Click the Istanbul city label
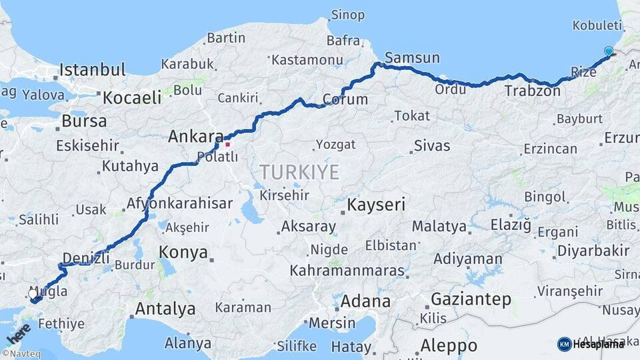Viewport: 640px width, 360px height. pyautogui.click(x=92, y=69)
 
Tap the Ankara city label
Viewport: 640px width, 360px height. pyautogui.click(x=195, y=136)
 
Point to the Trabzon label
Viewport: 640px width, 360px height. pyautogui.click(x=532, y=91)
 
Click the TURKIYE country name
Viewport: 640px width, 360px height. pyautogui.click(x=299, y=172)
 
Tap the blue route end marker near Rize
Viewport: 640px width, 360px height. pyautogui.click(x=608, y=51)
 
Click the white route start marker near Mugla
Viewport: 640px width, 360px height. pyautogui.click(x=33, y=293)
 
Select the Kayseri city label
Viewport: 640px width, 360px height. pyautogui.click(x=376, y=204)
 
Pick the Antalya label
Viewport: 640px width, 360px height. pyautogui.click(x=165, y=309)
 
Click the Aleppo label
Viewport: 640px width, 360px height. pyautogui.click(x=449, y=346)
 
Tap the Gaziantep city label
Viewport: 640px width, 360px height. pyautogui.click(x=471, y=299)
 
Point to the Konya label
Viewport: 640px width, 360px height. pyautogui.click(x=183, y=252)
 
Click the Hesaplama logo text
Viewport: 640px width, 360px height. pyautogui.click(x=598, y=344)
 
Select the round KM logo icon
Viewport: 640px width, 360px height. pyautogui.click(x=564, y=344)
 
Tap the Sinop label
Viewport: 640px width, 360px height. pyautogui.click(x=348, y=15)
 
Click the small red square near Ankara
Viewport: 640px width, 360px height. pyautogui.click(x=227, y=144)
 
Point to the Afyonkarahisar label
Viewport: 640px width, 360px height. pyautogui.click(x=179, y=203)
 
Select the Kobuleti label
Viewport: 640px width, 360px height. pyautogui.click(x=597, y=25)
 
